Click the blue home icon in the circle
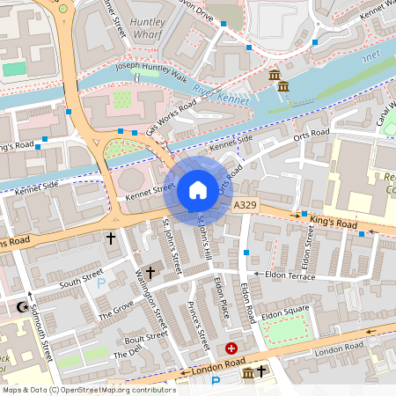tap(198, 190)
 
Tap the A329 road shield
tap(245, 204)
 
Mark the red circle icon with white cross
tap(231, 348)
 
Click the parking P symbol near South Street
tap(101, 283)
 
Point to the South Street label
tap(81, 277)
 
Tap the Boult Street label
tap(146, 340)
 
